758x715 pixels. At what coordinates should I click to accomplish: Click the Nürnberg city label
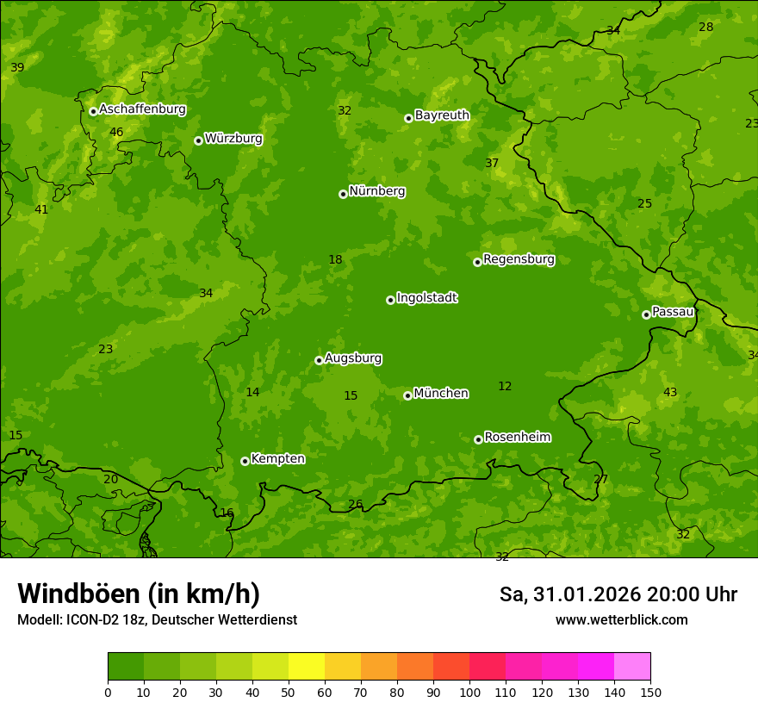[376, 191]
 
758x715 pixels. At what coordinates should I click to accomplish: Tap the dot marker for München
[407, 395]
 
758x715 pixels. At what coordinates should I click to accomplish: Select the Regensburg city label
[519, 259]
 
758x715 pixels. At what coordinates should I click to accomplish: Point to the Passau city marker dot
[646, 314]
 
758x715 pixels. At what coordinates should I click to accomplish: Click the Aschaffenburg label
[142, 109]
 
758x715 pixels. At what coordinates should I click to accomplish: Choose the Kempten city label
[277, 459]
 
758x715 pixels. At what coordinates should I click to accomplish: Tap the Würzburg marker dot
[198, 140]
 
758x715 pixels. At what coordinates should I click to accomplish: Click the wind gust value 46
[116, 132]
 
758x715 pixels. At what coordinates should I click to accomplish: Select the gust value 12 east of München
[505, 386]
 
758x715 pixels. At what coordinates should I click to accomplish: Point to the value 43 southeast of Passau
[670, 392]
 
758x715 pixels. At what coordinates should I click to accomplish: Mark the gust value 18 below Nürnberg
[335, 259]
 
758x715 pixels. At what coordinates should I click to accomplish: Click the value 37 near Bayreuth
[492, 163]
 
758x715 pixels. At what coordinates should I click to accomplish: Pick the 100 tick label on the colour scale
[469, 692]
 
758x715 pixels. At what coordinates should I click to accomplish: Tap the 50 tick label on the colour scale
[289, 692]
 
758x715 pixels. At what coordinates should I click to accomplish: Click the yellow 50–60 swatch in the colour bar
[307, 667]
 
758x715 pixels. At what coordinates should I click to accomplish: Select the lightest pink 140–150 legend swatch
[632, 667]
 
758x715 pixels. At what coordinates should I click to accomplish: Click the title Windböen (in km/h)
[139, 594]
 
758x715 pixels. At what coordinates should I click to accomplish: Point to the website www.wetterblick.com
[621, 619]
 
